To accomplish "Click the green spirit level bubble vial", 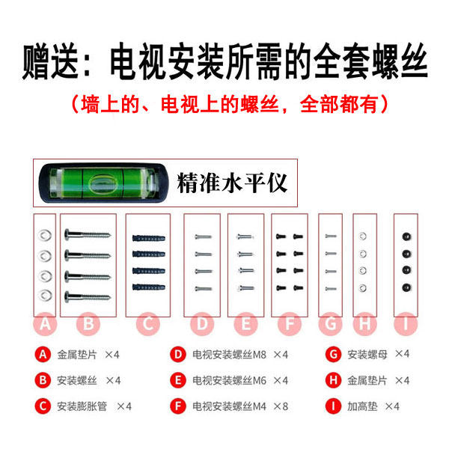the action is tap(103, 183).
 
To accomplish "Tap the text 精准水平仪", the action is tap(232, 183).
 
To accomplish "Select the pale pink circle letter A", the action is tap(45, 324).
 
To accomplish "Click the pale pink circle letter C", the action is tap(147, 324).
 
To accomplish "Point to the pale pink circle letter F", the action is tap(290, 324).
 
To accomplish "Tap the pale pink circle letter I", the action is tap(406, 324).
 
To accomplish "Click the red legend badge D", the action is tap(178, 355).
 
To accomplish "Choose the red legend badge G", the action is tap(333, 355).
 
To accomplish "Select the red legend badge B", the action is tap(43, 380).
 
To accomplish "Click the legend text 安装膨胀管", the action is tap(82, 406).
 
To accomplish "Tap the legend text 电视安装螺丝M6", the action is tap(230, 381).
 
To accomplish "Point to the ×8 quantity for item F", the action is tap(281, 406).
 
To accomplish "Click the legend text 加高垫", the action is tap(362, 406).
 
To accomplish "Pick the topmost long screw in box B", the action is tap(88, 235).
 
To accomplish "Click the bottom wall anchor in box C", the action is tap(149, 287).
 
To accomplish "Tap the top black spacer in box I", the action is tap(406, 236).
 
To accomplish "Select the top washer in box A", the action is tap(45, 236).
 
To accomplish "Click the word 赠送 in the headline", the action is tap(50, 61).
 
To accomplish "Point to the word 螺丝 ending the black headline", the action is tap(400, 61).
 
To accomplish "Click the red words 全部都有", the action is tap(339, 105).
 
